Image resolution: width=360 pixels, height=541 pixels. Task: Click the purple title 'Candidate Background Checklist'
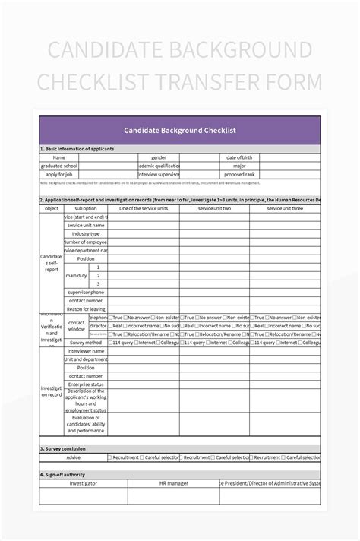(x=180, y=130)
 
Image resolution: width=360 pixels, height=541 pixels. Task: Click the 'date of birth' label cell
(x=239, y=157)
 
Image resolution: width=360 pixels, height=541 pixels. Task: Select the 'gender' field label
(x=159, y=157)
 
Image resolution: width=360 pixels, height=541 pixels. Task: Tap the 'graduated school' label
(x=60, y=166)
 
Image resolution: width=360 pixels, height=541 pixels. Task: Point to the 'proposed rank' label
(x=239, y=174)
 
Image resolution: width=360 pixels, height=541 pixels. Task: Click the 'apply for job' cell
(x=60, y=174)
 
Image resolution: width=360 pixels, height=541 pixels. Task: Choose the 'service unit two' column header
(x=214, y=208)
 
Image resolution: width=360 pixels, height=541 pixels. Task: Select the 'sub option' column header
(x=85, y=208)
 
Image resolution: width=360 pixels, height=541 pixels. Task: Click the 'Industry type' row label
(x=85, y=233)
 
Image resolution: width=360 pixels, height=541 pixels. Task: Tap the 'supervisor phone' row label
(x=85, y=293)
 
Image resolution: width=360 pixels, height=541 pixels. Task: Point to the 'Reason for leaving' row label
(x=85, y=308)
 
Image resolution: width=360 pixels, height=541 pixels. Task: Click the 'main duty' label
(x=76, y=275)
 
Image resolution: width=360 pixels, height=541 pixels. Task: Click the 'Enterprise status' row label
(x=85, y=384)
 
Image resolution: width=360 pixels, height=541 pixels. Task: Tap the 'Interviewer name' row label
(x=85, y=351)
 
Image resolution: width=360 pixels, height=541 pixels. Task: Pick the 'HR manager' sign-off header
(x=173, y=482)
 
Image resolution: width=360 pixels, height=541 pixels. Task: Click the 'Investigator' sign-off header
(x=84, y=482)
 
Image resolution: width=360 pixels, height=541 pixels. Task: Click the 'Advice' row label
(x=73, y=457)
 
